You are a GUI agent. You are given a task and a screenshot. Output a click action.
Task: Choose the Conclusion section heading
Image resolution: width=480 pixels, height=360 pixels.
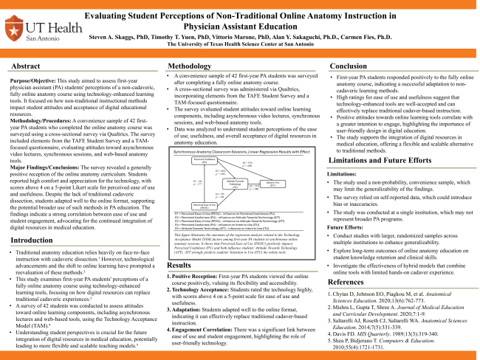[x=350, y=66]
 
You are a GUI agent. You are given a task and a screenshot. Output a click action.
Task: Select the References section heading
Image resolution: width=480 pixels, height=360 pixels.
[x=351, y=282]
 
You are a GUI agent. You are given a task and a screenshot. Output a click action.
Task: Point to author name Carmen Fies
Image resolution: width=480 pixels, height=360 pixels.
[x=335, y=35]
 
